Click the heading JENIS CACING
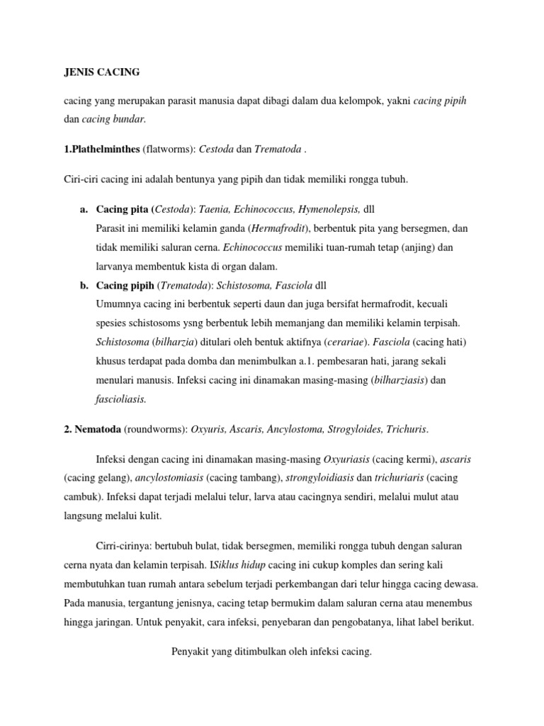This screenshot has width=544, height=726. coord(102,72)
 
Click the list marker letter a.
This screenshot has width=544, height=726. coord(84,210)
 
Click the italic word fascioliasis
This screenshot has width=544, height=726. coord(120,399)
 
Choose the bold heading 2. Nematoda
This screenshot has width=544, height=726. coord(92,430)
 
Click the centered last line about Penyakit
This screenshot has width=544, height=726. coord(271,651)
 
